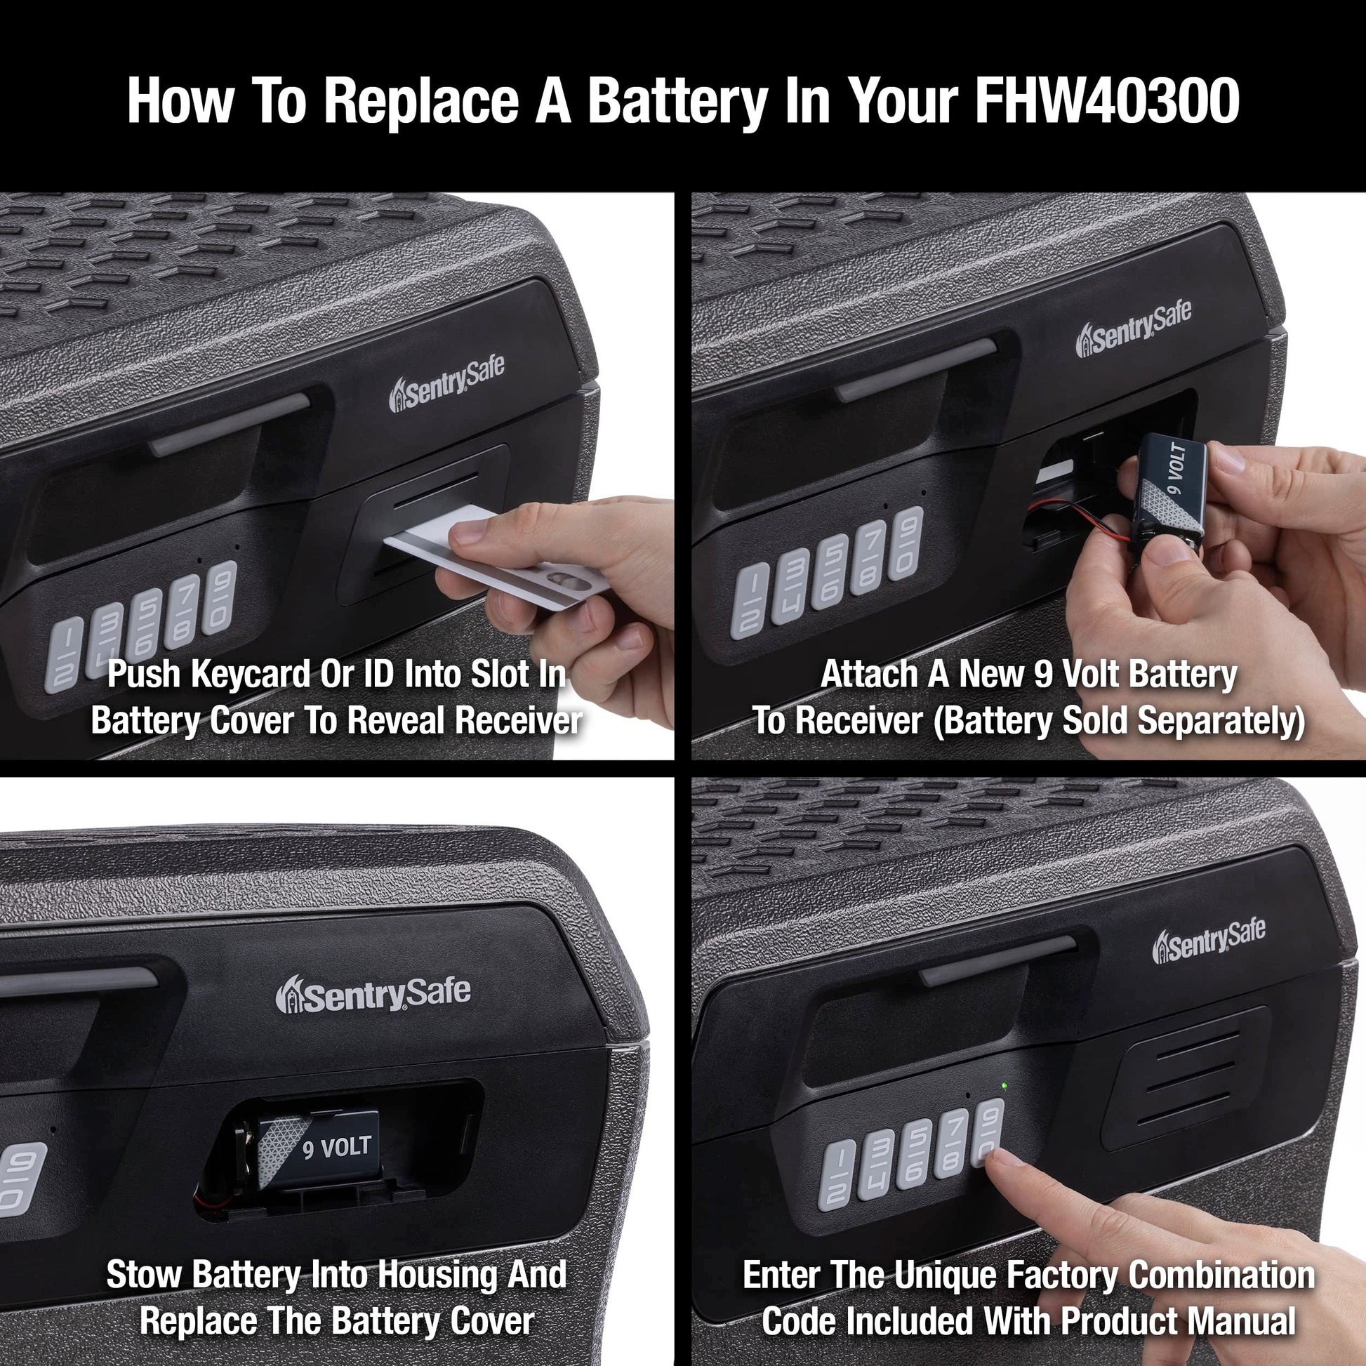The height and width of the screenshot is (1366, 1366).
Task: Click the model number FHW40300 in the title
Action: click(x=1107, y=100)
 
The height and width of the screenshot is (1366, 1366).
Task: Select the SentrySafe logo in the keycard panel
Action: click(x=446, y=384)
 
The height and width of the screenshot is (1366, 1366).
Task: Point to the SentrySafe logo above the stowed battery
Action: click(x=373, y=993)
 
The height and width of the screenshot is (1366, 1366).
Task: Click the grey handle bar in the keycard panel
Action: click(x=229, y=425)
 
